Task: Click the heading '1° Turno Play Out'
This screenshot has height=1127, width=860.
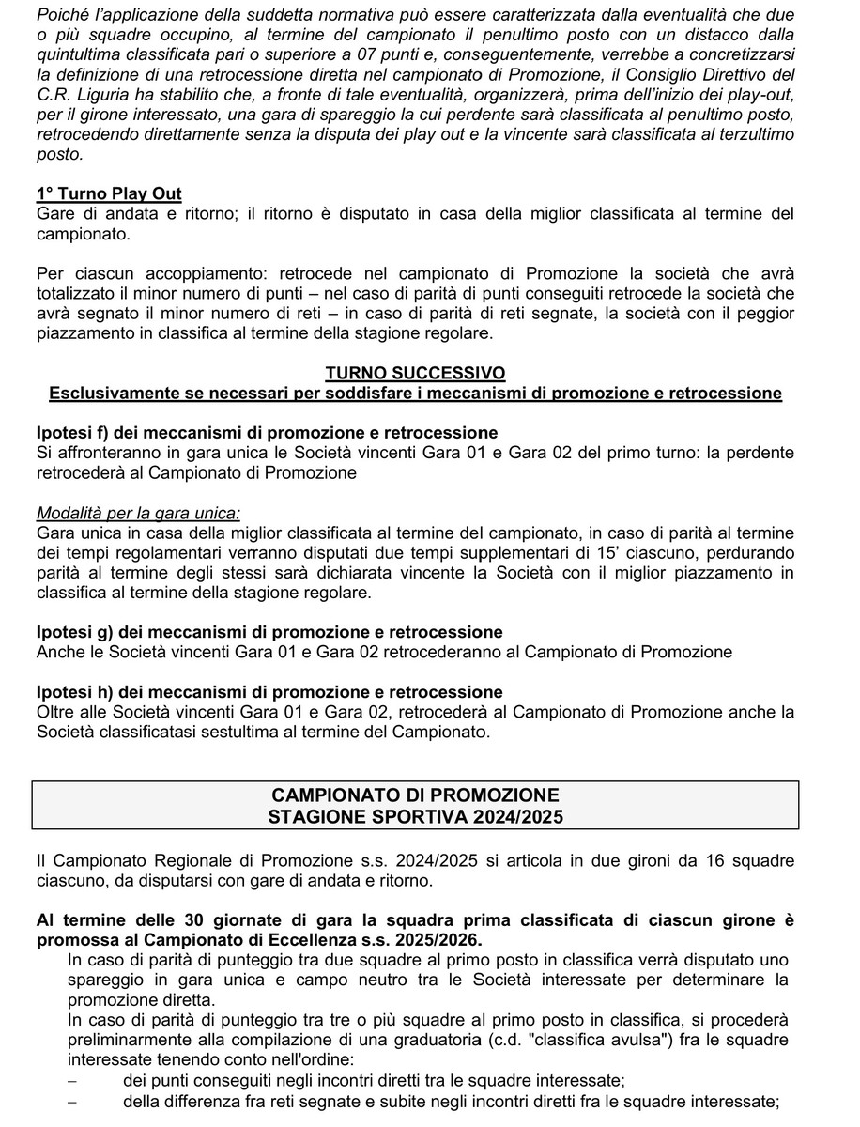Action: click(x=109, y=194)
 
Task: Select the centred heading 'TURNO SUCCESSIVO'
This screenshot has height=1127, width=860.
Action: click(x=415, y=374)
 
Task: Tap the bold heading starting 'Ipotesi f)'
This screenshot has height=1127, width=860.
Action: click(x=267, y=433)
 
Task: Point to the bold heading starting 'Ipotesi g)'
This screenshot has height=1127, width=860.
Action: click(x=269, y=632)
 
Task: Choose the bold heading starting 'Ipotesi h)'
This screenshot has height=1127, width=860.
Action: click(x=269, y=692)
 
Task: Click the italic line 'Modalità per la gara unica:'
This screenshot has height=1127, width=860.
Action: click(x=138, y=513)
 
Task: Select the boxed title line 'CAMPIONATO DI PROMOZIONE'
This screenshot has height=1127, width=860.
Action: click(x=415, y=795)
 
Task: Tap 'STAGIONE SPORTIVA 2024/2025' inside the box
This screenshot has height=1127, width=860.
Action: click(x=415, y=816)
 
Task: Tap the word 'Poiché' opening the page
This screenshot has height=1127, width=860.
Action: click(x=60, y=14)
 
